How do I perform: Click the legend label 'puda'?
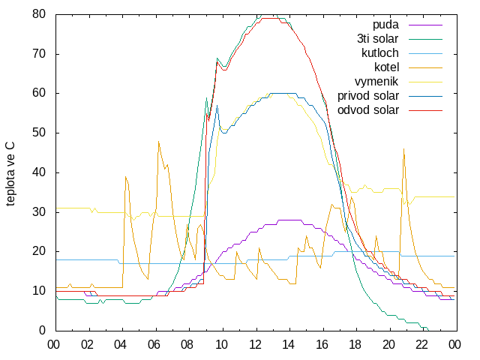(x=385, y=25)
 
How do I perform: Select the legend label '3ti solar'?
(x=378, y=39)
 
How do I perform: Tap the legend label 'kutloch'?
(x=380, y=53)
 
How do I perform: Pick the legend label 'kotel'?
(x=387, y=67)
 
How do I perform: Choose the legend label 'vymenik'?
(x=376, y=82)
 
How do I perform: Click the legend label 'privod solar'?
(x=368, y=96)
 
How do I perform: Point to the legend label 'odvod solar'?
(x=368, y=110)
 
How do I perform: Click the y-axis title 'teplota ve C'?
(x=10, y=174)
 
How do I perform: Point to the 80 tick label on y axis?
(x=39, y=14)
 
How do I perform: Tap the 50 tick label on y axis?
(x=39, y=133)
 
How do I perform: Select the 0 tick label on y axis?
(x=42, y=330)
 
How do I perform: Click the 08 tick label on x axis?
(x=187, y=345)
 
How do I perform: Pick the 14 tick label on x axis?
(x=288, y=345)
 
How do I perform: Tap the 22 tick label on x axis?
(x=421, y=345)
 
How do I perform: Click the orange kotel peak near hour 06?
(x=158, y=142)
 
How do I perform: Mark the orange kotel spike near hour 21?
(x=403, y=149)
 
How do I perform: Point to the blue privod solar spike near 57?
(x=217, y=106)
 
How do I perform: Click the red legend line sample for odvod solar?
(x=425, y=110)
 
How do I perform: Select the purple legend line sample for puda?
(x=425, y=25)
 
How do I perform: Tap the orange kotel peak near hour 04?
(x=125, y=177)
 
